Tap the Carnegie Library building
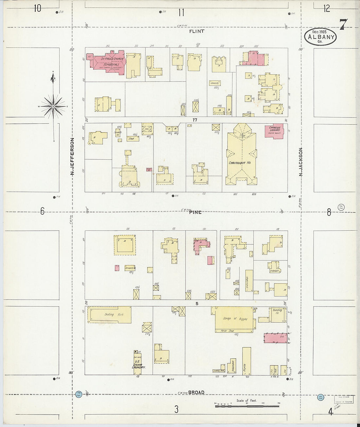click(x=274, y=132)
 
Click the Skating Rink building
click(x=109, y=315)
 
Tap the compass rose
click(x=53, y=106)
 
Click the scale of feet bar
click(x=247, y=406)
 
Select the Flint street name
click(x=197, y=31)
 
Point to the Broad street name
click(x=196, y=392)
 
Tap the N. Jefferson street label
click(x=73, y=156)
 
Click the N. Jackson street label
click(x=300, y=162)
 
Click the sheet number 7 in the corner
click(x=343, y=25)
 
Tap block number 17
click(x=195, y=120)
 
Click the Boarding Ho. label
click(x=277, y=311)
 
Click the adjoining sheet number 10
click(x=37, y=8)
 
